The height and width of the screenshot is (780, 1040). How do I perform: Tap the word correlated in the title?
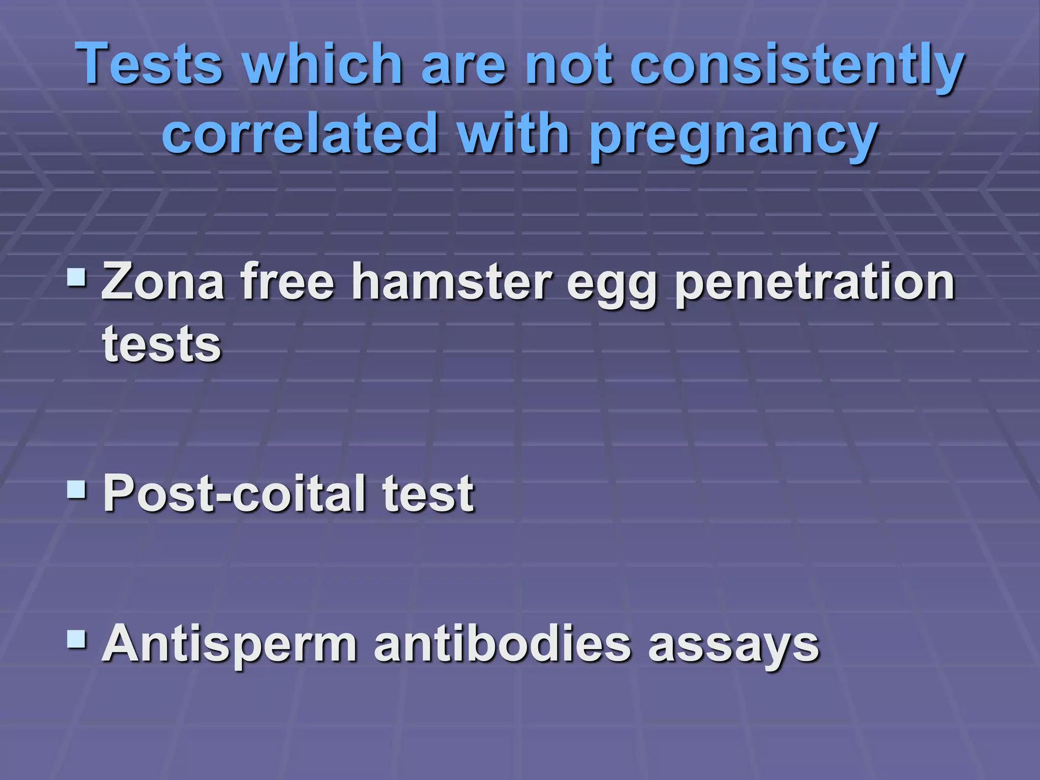point(300,133)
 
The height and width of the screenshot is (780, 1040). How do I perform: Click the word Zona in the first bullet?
point(163,281)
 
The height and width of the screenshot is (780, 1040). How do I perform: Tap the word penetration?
point(815,282)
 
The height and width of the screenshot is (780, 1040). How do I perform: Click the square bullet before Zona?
point(77,277)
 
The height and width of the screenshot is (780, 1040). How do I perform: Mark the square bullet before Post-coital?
point(77,489)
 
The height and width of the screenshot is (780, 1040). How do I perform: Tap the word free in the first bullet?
point(287,281)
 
